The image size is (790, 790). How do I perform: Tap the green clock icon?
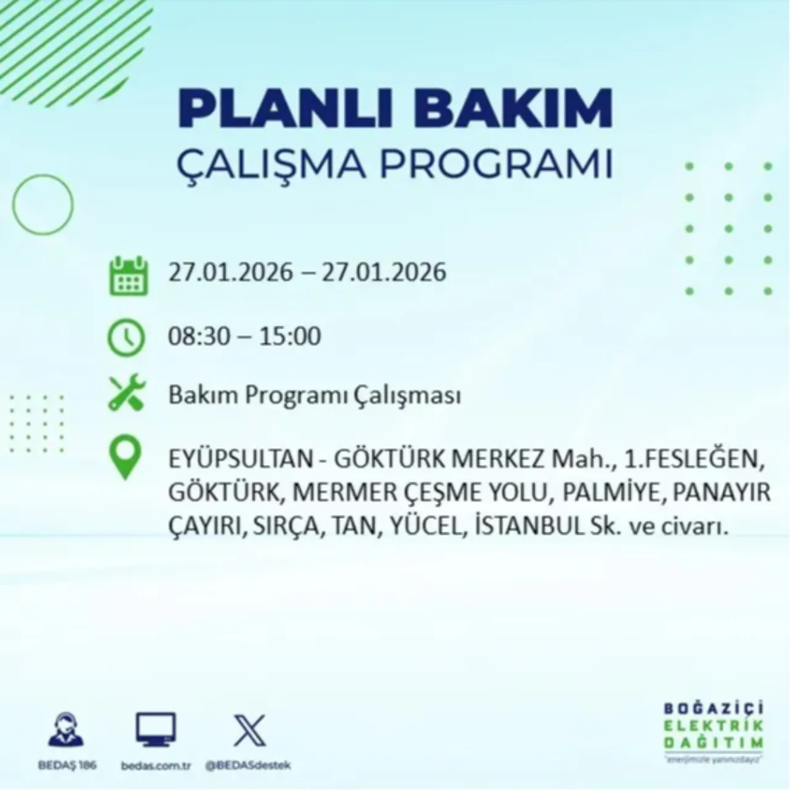pos(127,338)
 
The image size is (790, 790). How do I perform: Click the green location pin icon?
pos(125,459)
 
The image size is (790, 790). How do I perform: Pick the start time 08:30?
pos(199,336)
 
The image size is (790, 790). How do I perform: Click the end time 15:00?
pos(290,336)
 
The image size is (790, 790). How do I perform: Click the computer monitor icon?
pos(156,730)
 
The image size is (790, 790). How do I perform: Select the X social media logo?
pos(249,731)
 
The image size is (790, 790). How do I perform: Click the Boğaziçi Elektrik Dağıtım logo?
pos(713,731)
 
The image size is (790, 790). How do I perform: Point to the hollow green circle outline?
pos(43,204)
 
